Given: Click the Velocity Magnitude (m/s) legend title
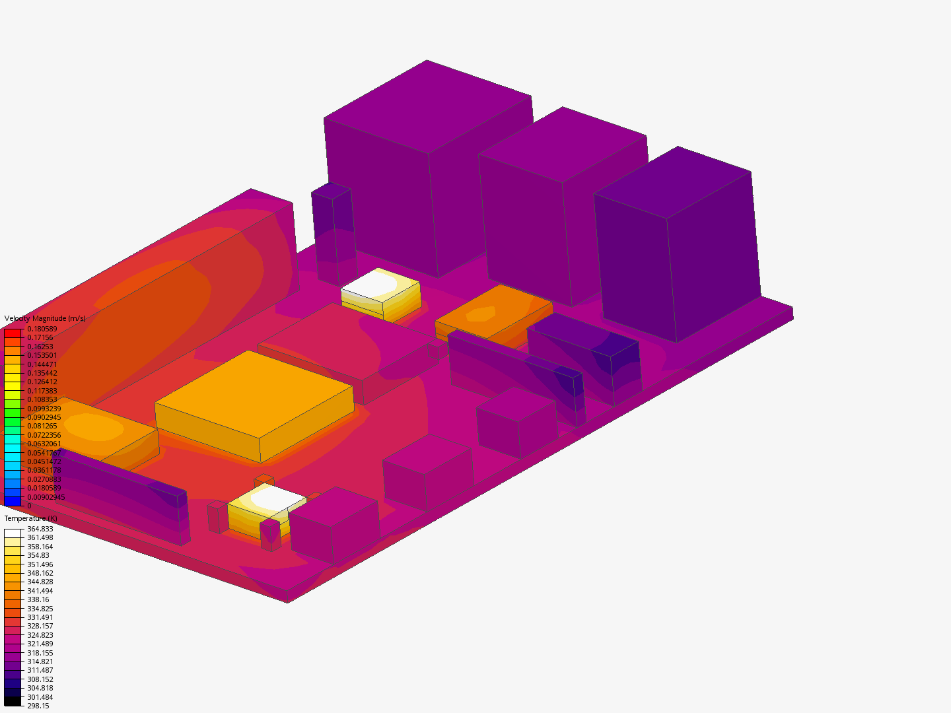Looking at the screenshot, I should click(45, 318).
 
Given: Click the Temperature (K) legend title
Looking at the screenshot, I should click(30, 518).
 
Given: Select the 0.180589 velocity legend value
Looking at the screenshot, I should click(42, 329).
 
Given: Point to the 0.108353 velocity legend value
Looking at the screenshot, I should click(42, 399).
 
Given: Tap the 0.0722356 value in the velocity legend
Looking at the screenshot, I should click(44, 435).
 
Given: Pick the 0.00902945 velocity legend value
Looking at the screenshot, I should click(46, 497).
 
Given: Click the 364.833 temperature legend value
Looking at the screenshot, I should click(40, 529).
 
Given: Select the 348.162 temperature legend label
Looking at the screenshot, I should click(40, 573).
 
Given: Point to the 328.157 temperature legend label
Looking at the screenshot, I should click(40, 626).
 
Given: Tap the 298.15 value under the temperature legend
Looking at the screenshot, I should click(38, 706).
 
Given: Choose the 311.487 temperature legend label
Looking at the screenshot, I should click(40, 670).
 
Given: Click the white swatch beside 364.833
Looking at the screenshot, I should click(13, 533).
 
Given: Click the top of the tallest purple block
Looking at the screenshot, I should click(428, 106).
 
